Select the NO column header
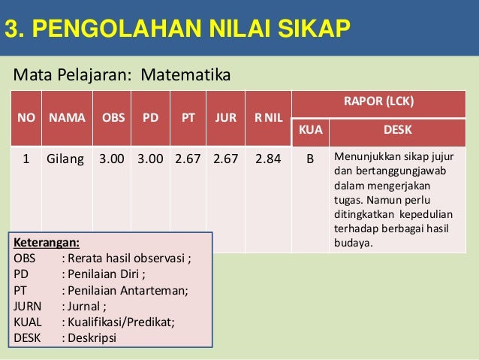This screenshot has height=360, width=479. click(26, 118)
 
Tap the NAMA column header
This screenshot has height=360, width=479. click(67, 118)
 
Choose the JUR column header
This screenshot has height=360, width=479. click(226, 118)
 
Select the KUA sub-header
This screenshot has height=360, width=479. click(310, 129)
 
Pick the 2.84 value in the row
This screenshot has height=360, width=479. click(269, 159)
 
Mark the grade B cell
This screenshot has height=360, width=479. click(310, 159)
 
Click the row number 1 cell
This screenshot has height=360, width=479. click(26, 159)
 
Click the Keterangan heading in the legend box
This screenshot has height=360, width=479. click(47, 243)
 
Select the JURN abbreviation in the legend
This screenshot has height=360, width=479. click(29, 306)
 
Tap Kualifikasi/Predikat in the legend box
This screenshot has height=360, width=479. click(121, 322)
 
